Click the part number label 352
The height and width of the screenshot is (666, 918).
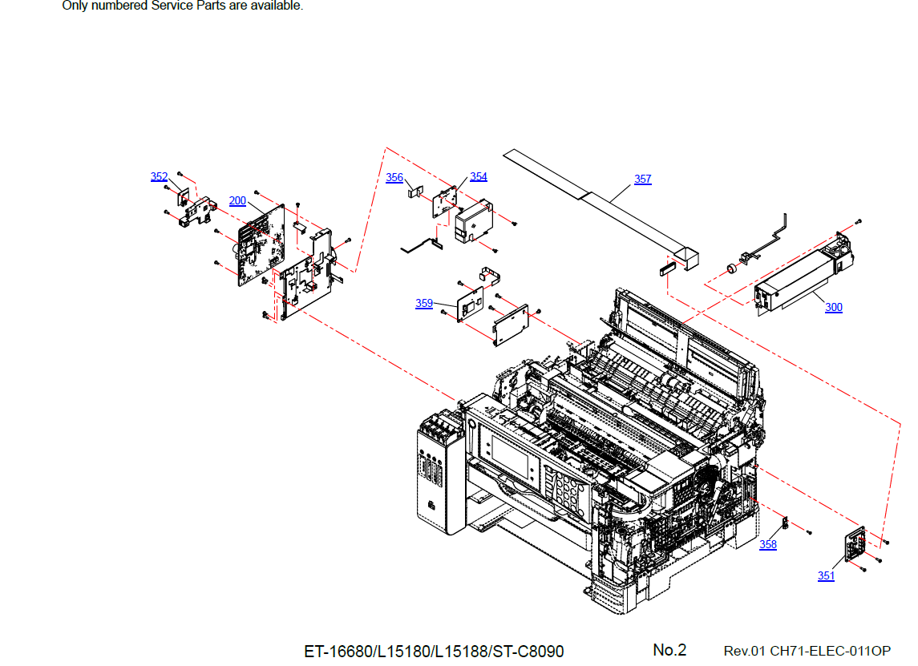coord(159,177)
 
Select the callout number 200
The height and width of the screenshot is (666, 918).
coord(237,201)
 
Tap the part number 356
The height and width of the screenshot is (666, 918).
coord(394,178)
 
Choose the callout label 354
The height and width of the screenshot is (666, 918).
coord(479,177)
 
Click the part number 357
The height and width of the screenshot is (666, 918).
coord(643,180)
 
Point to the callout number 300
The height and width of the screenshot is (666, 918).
coord(834,308)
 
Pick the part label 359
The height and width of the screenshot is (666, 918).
coord(424,303)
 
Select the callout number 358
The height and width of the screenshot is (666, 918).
coord(768,545)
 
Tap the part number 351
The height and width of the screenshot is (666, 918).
coord(826,576)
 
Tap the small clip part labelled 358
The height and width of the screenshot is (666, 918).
coord(786,524)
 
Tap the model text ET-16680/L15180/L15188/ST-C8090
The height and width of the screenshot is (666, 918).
coord(434,651)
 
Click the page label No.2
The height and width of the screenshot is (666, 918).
coord(669,650)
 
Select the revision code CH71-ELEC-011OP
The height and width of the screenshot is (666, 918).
coord(831,651)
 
